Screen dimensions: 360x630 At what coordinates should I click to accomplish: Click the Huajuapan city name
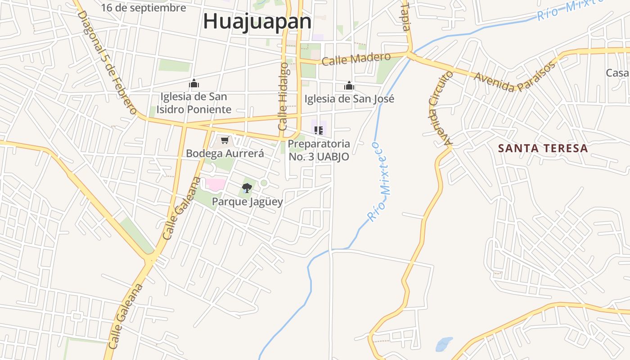257,21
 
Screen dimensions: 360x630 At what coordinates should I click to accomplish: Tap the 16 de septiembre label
143,8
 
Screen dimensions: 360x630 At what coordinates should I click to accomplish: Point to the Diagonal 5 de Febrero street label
107,62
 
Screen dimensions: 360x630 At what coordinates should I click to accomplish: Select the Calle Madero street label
356,58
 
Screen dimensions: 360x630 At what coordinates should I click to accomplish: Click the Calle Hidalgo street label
283,96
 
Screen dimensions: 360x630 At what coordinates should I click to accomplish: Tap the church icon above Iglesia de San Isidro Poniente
194,83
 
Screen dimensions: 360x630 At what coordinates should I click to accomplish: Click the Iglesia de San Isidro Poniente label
194,103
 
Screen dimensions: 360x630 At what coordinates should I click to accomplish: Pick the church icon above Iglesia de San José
349,85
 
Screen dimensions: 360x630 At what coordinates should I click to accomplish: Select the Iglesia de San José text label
349,99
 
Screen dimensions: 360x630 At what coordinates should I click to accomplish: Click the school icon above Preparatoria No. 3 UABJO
319,130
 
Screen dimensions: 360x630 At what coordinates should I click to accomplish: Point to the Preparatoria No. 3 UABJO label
319,150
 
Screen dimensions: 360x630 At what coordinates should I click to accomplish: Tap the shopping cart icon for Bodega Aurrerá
225,140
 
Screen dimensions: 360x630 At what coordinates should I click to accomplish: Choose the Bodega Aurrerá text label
225,153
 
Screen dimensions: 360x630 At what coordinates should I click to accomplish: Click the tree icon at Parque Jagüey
247,188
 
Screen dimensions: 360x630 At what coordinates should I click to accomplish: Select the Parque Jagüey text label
247,202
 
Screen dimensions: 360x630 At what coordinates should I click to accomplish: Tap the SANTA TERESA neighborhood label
543,148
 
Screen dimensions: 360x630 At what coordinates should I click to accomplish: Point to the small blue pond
444,344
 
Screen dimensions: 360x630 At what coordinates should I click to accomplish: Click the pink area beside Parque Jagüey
216,184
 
